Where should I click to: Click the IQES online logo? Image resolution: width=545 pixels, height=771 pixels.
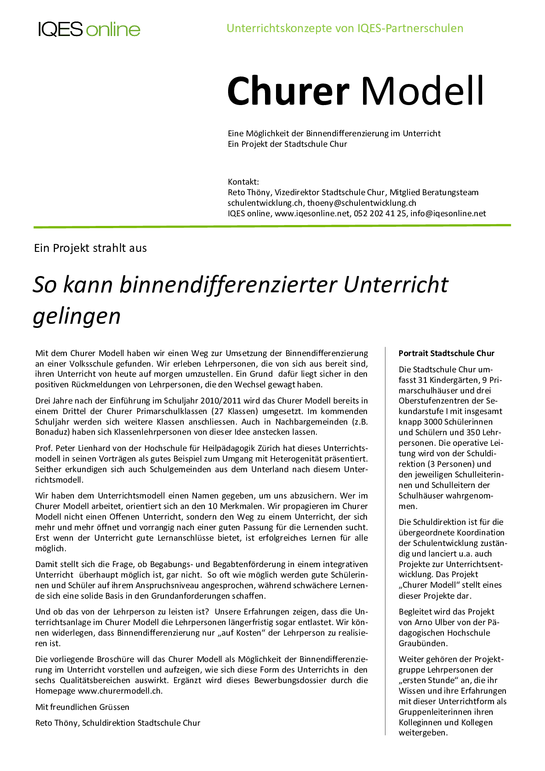pos(89,29)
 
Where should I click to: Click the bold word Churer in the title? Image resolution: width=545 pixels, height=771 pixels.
pos(288,91)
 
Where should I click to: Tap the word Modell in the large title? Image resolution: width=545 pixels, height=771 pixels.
pos(422,91)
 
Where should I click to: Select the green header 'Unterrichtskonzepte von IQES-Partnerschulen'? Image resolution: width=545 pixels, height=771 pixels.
pos(345,28)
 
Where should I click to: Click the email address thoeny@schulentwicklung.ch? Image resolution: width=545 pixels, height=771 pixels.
pos(361,203)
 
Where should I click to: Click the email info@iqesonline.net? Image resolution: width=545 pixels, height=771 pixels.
pos(448,214)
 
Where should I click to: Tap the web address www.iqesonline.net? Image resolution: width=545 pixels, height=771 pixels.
pos(312,214)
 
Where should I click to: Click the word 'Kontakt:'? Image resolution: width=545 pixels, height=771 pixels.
pos(243,182)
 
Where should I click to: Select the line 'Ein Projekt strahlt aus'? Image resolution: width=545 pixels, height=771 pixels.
pos(91,248)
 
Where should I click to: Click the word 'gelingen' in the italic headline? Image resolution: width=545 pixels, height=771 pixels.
pos(77,316)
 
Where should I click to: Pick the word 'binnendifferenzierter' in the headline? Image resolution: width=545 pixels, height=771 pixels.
pos(229,284)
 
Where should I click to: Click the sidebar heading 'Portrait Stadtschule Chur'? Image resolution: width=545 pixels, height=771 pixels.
pos(446,353)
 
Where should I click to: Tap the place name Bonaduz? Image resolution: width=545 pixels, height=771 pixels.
pos(52,432)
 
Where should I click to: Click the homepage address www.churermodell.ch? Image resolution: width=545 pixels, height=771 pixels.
pos(120,691)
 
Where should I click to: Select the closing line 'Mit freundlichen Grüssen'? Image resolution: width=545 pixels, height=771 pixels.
pos(82,707)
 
